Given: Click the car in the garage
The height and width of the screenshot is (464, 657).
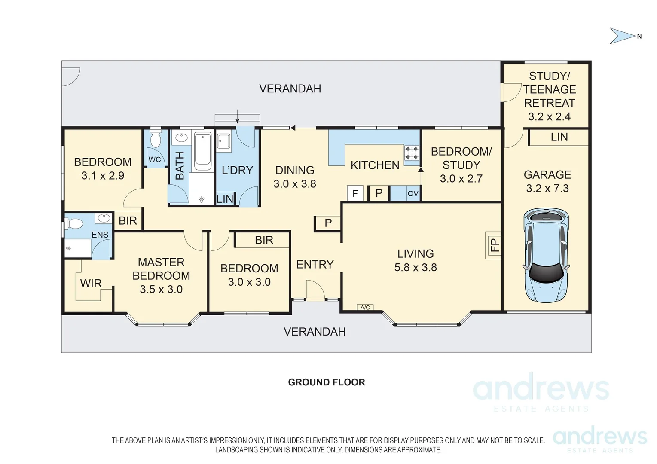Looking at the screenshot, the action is [546, 255].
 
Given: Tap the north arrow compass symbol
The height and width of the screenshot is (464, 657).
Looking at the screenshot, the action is [622, 36].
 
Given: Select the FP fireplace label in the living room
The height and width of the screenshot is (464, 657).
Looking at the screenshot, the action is [495, 245].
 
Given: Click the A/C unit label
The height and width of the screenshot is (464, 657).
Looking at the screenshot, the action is [365, 307].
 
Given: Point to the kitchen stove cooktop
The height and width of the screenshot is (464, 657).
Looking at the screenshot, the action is [412, 153].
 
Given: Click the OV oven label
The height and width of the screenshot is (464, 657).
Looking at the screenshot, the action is [413, 194].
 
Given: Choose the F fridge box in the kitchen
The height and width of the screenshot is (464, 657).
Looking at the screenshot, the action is [355, 193].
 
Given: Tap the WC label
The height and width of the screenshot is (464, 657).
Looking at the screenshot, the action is [155, 159].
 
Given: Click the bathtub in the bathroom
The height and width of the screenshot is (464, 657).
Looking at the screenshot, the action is [203, 152].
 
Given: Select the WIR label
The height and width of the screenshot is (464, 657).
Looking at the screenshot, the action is [91, 283].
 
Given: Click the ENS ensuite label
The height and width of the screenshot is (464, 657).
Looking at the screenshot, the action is [100, 234].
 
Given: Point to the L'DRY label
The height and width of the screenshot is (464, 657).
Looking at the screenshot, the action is [237, 170].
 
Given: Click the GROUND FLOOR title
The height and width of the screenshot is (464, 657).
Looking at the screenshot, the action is [327, 382].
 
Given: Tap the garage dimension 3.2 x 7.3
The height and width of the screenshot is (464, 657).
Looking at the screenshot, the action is [547, 188].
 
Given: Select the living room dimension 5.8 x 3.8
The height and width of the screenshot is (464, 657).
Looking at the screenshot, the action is [416, 267].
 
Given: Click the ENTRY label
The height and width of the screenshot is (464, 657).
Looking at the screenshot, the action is [315, 264].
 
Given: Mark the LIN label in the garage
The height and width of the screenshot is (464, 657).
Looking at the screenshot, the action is [559, 137].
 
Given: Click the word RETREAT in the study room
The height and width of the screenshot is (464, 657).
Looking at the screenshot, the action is [549, 103].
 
